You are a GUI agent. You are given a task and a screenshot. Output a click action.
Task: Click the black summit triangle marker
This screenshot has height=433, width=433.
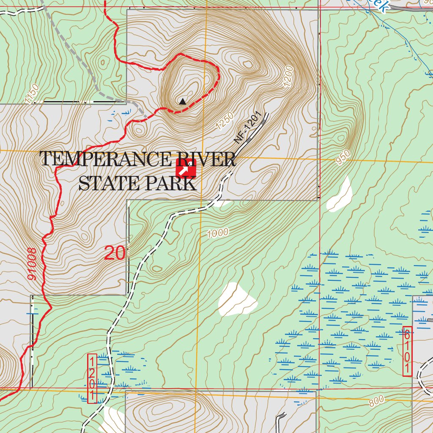pyautogui.click(x=182, y=101)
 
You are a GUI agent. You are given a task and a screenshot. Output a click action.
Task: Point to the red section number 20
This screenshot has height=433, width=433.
pyautogui.click(x=115, y=253)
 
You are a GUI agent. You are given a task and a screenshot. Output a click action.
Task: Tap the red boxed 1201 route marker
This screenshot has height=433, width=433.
pyautogui.click(x=92, y=378)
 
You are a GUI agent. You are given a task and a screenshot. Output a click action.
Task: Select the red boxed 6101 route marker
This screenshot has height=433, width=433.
pyautogui.click(x=407, y=351)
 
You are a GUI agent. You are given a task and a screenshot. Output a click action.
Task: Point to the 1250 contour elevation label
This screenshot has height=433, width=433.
pyautogui.click(x=225, y=123)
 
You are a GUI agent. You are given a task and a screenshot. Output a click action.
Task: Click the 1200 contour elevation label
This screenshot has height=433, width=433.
pyautogui.click(x=289, y=77)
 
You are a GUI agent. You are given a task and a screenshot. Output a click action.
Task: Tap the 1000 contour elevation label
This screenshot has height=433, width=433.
pyautogui.click(x=218, y=233)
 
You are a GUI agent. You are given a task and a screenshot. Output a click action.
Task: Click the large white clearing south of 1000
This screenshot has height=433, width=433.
pyautogui.click(x=237, y=300)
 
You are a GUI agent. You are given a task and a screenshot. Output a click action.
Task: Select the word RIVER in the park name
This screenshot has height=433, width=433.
pyautogui.click(x=206, y=159)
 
